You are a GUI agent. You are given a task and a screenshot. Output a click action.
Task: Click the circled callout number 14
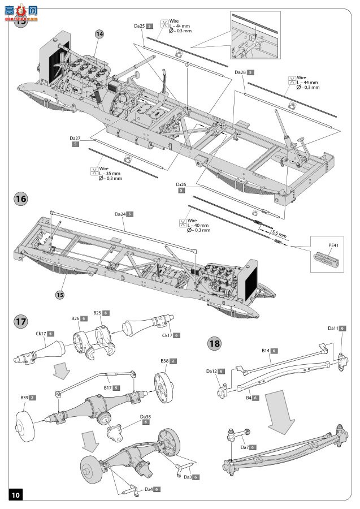[x=99, y=34]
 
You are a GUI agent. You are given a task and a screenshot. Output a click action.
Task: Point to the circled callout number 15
[x=61, y=294]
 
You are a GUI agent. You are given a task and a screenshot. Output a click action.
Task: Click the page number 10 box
[x=15, y=494]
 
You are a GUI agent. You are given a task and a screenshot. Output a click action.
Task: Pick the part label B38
[x=164, y=360]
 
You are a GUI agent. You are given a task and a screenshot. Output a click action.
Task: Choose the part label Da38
[x=146, y=417]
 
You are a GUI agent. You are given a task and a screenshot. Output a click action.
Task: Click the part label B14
[x=266, y=351]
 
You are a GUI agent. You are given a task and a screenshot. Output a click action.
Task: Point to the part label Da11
[x=333, y=328]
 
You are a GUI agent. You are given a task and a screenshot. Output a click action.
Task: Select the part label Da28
[x=240, y=72]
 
